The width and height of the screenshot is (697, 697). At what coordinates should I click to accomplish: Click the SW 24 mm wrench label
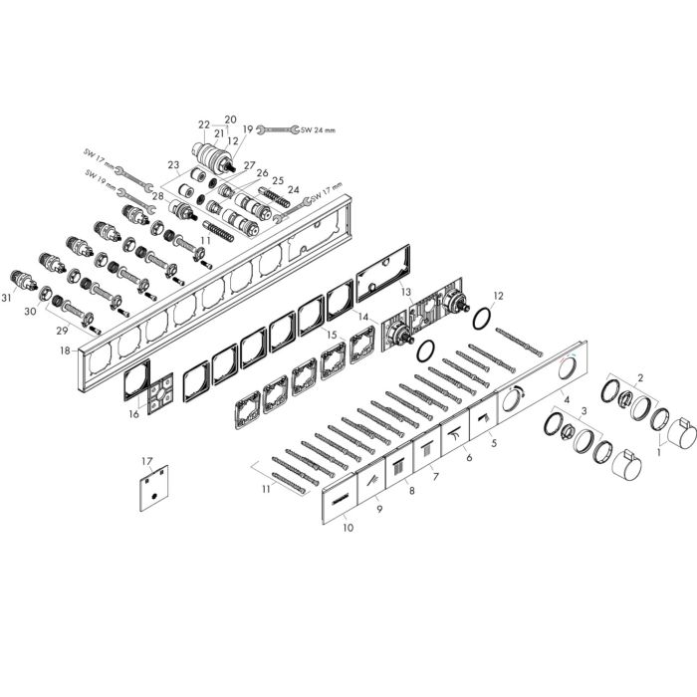pos(319,130)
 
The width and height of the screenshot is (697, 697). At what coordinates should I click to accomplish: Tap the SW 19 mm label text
pos(100,179)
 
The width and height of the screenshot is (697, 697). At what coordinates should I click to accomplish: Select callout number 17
pos(147,461)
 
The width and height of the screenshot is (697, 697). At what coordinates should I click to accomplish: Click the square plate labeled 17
pos(153,488)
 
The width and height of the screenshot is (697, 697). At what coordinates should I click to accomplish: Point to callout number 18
pos(66,350)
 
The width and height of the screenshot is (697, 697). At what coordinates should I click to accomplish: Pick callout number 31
pos(6,299)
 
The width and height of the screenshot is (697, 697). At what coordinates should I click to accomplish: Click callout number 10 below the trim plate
pos(348,528)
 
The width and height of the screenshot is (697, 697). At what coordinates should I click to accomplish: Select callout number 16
pos(134,414)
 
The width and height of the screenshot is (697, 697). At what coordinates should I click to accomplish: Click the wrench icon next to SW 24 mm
pos(278,129)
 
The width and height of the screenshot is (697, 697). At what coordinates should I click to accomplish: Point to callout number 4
pos(567,399)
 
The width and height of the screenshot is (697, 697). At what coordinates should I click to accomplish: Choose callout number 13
pos(406,292)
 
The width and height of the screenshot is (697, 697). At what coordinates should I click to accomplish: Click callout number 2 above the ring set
pos(640,378)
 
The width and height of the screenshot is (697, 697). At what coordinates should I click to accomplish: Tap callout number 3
pos(584,410)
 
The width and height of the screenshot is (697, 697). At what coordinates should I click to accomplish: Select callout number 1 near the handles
pos(659,452)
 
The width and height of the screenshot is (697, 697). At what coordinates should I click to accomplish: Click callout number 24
pos(294,190)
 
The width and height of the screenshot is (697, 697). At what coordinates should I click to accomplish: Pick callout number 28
pos(157,195)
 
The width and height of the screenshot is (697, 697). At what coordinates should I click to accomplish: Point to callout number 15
pos(332,335)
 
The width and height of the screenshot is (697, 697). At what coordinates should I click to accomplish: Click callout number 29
pos(62,331)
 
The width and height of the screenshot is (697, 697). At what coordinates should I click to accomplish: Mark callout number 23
pos(173,165)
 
